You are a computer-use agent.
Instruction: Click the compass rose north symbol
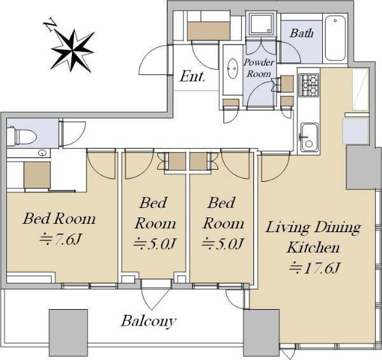[x=73, y=50]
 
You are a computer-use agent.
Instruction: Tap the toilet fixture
[x=22, y=136]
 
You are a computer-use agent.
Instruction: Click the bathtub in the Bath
[x=336, y=38]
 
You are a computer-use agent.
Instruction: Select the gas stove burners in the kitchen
[x=309, y=85]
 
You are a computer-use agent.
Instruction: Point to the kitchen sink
[x=309, y=138]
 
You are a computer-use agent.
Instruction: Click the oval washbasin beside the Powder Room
[x=232, y=69]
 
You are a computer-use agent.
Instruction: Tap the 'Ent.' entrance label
[x=192, y=76]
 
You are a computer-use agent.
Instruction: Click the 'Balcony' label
[x=148, y=321]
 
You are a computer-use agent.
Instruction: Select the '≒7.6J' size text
[x=60, y=240]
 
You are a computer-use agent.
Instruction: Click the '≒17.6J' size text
[x=315, y=268]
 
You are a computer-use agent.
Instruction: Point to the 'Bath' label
[x=301, y=33]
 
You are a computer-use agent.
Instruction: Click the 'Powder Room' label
[x=258, y=68]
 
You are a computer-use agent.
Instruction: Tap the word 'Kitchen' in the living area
[x=313, y=247]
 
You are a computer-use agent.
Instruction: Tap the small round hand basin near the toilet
[x=43, y=153]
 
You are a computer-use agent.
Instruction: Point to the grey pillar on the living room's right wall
[x=364, y=167]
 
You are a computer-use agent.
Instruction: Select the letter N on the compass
[x=50, y=24]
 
